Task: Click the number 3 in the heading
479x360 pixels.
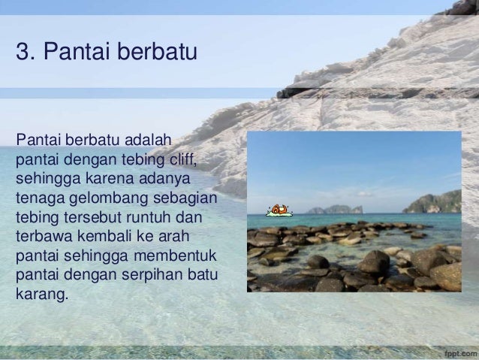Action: click(x=21, y=53)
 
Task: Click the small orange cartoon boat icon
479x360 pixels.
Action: click(x=279, y=210)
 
